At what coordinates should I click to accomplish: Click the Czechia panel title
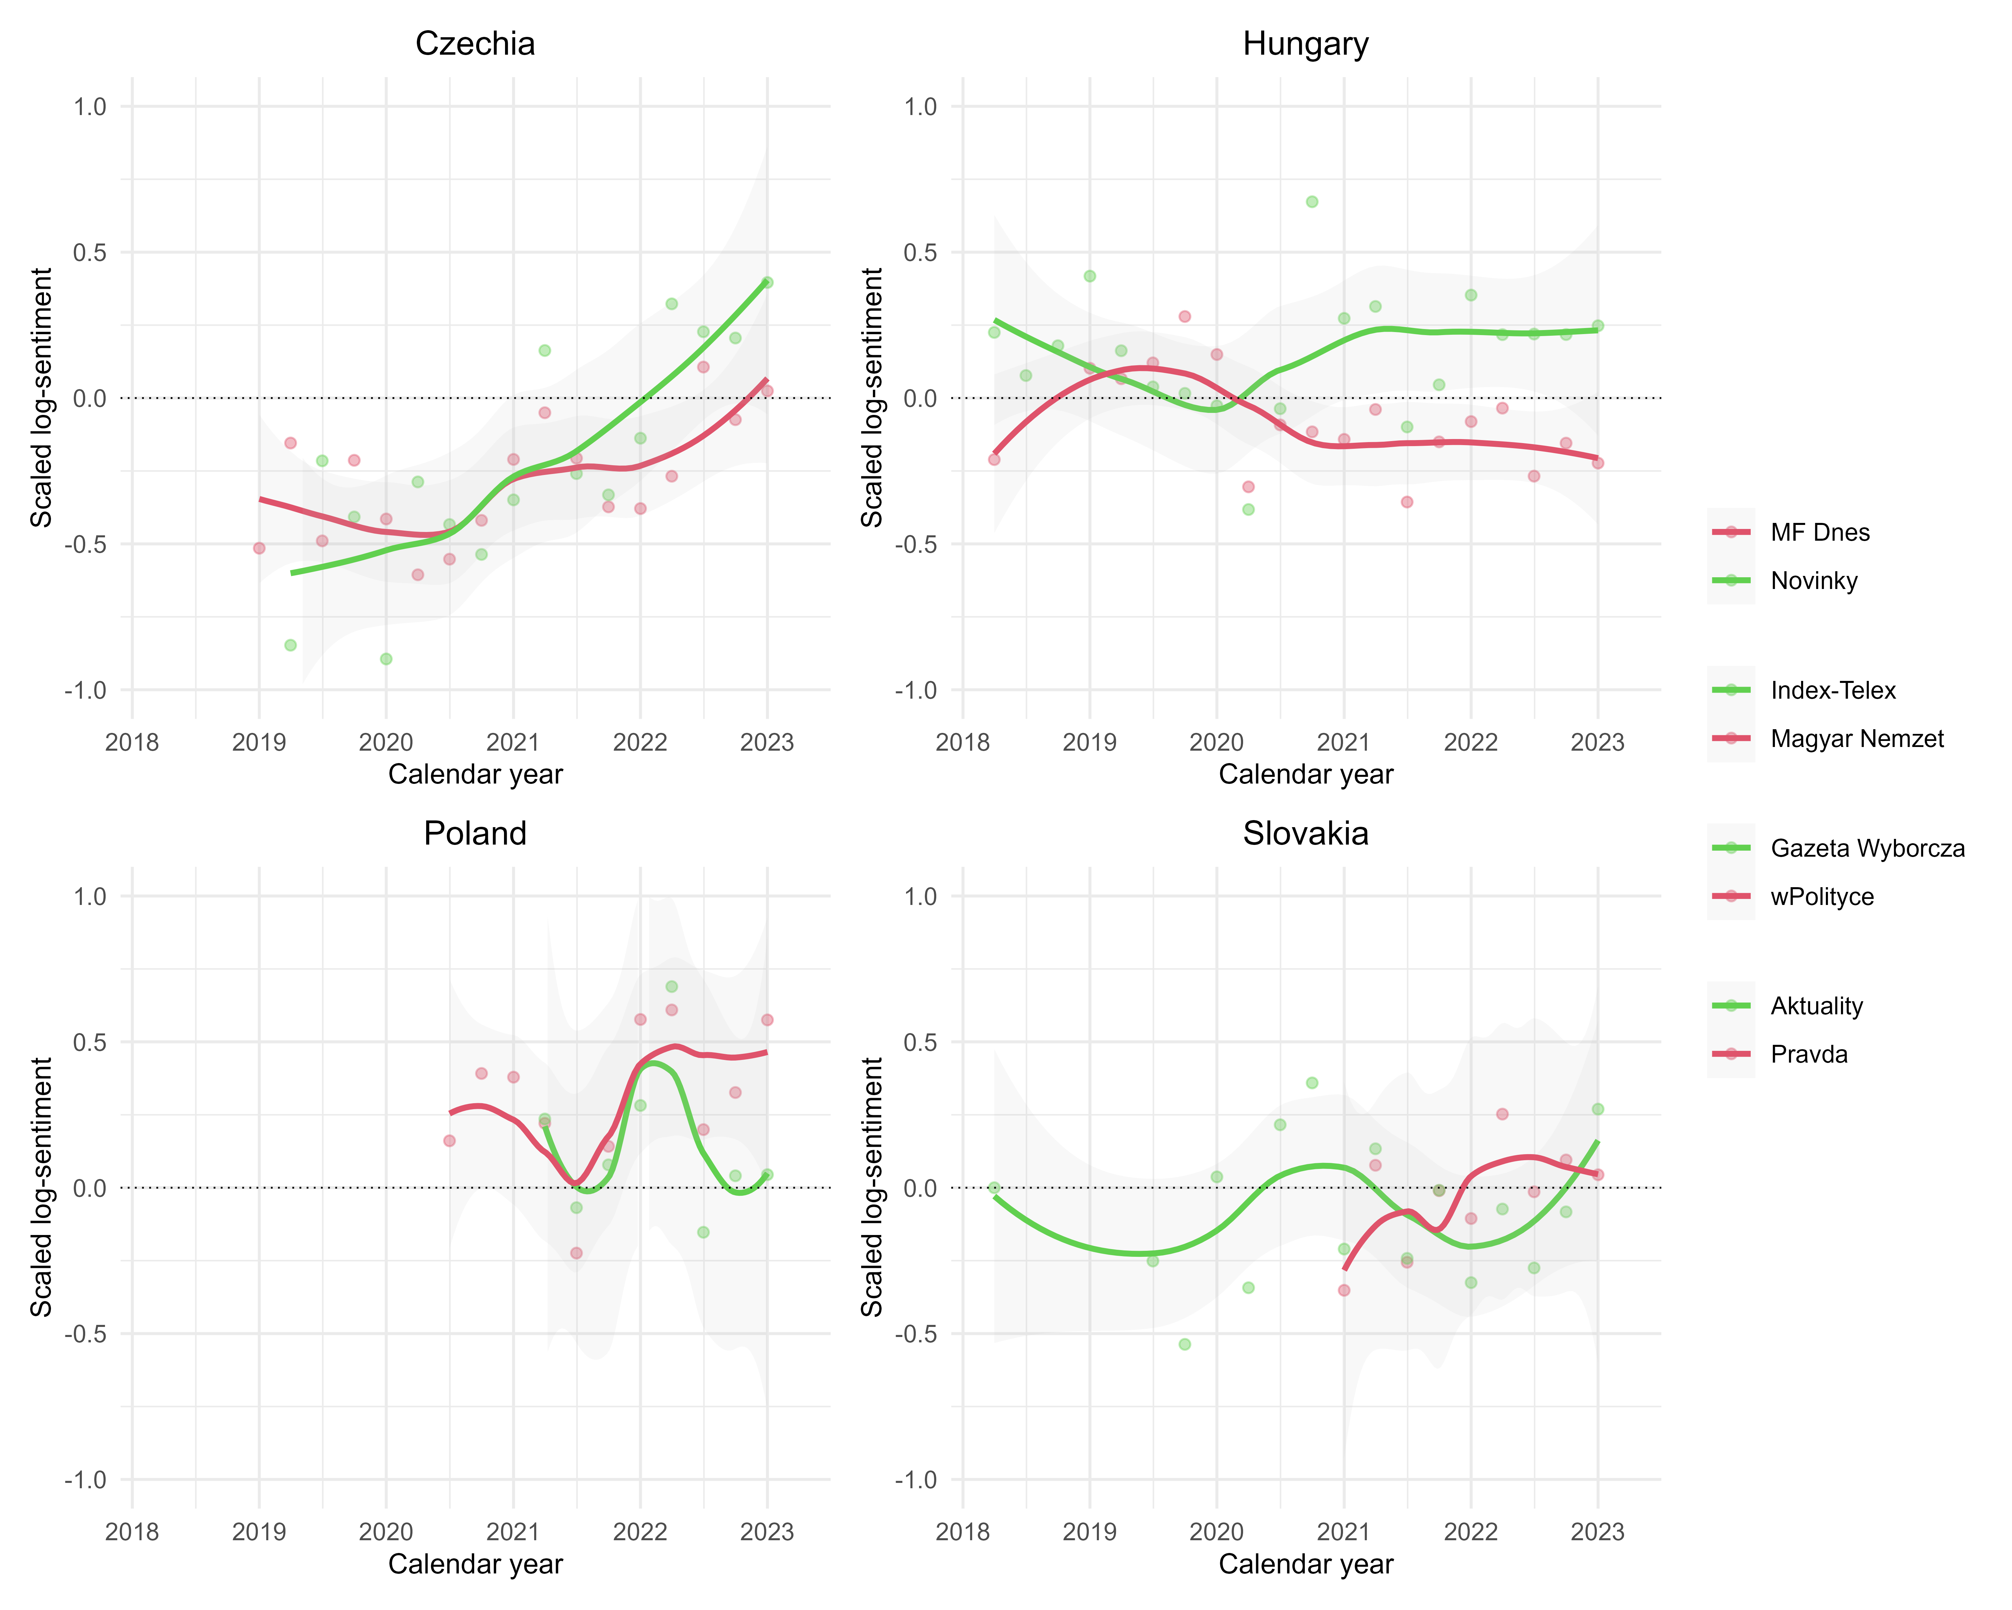tap(475, 44)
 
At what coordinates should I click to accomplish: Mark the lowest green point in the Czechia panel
tap(385, 659)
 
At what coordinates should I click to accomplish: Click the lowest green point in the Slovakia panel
tap(1184, 1344)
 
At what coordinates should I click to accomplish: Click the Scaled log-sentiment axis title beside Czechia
tap(41, 397)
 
